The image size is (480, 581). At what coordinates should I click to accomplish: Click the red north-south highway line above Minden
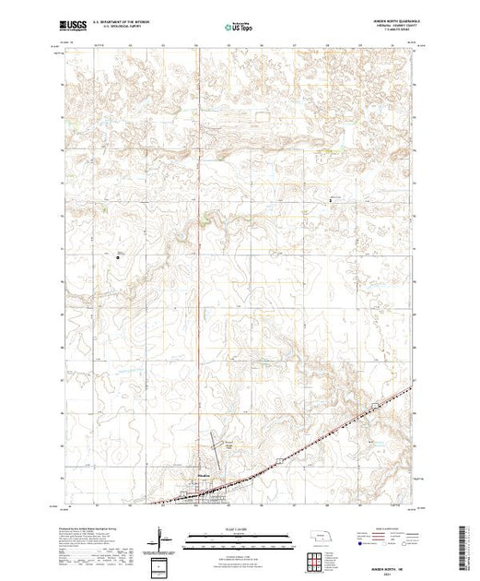(x=199, y=277)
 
